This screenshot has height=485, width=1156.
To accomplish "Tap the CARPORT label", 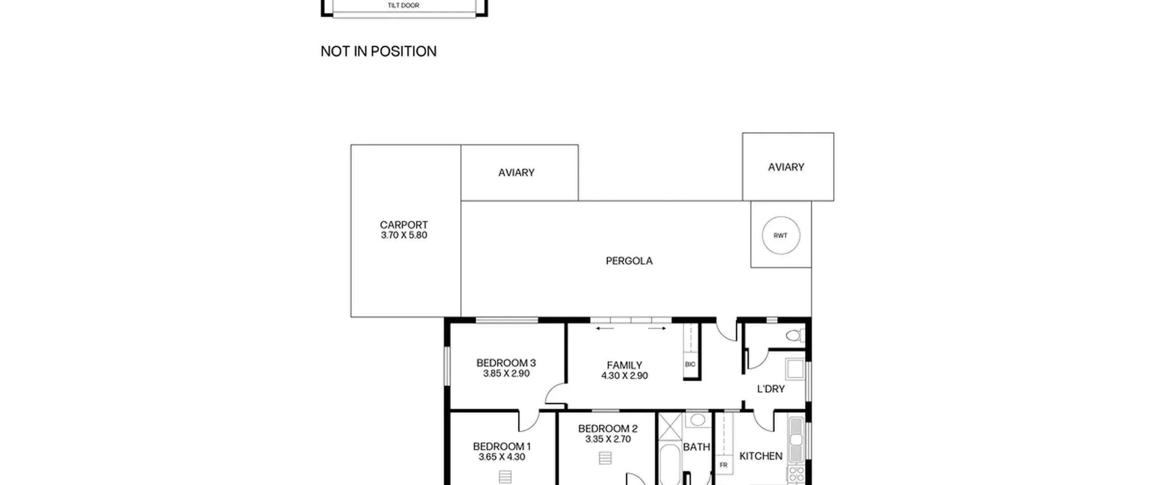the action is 404,225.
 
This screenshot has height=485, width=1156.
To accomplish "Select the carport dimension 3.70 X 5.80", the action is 404,235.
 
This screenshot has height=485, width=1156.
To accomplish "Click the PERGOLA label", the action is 629,261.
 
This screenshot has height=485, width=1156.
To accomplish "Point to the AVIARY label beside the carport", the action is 516,172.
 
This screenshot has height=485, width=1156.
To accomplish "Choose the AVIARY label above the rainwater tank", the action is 786,167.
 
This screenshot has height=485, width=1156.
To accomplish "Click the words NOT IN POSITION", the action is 378,51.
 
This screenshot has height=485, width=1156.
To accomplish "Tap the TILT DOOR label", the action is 403,5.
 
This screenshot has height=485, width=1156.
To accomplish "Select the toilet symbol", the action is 795,335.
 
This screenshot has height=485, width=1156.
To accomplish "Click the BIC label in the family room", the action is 690,364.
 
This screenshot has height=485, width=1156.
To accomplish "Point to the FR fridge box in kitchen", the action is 723,465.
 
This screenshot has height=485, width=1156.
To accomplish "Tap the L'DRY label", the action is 771,389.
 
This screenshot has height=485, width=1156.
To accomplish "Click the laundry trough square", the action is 795,369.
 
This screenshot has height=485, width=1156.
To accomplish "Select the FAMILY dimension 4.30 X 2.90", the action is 625,375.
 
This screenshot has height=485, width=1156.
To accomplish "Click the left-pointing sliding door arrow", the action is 605,328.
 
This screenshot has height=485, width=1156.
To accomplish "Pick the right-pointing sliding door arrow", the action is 657,328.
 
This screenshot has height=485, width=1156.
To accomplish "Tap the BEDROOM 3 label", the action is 506,363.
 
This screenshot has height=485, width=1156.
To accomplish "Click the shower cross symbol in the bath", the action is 670,426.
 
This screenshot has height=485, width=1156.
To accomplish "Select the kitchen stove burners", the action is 796,475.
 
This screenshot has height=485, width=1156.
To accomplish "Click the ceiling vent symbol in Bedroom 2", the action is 605,458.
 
